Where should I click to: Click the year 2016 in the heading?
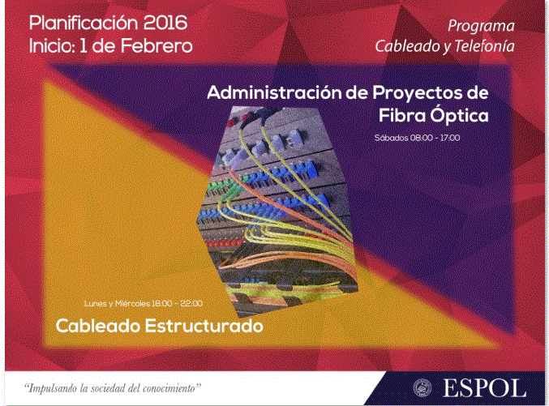165,24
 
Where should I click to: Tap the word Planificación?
84,24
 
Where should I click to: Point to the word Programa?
481,26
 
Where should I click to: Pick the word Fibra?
402,115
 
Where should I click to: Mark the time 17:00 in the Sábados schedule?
450,138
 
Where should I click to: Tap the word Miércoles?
132,303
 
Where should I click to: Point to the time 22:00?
191,303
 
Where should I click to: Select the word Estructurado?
204,326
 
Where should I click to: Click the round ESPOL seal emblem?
422,388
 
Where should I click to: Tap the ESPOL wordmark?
485,388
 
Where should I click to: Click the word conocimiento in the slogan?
171,388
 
